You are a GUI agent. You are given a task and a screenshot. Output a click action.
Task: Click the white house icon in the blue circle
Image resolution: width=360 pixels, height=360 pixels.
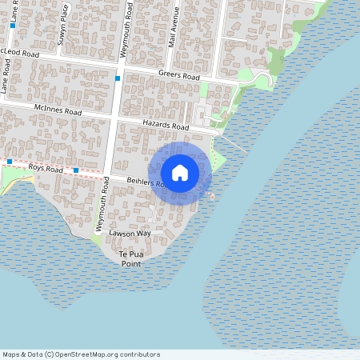(180, 173)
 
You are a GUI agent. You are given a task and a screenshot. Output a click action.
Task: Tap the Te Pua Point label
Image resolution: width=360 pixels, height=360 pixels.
(130, 258)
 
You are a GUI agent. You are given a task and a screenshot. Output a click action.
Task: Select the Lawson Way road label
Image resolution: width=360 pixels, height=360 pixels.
(130, 234)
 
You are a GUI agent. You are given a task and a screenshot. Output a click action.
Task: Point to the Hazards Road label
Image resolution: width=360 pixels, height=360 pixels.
(165, 126)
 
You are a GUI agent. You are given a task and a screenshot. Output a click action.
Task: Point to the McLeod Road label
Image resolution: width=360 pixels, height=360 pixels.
(20, 53)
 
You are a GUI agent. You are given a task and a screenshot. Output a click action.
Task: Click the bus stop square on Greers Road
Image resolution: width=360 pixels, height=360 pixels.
(118, 78)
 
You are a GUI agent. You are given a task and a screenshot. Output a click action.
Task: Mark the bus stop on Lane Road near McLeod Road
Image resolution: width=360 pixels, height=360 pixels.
(14, 26)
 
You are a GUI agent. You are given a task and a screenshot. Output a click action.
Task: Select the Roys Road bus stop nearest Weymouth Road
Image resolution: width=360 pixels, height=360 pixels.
(76, 170)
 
